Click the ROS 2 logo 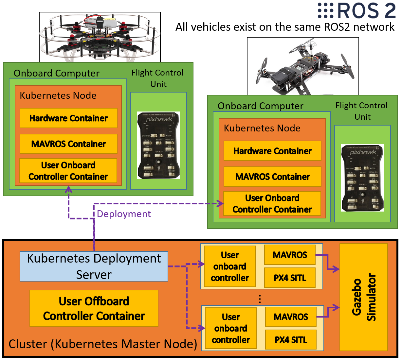click(x=357, y=11)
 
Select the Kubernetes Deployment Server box click(x=94, y=266)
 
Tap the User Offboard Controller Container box click(x=94, y=308)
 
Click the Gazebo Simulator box click(x=364, y=297)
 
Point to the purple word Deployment click(x=124, y=214)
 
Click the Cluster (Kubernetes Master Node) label click(x=102, y=344)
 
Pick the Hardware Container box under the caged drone click(x=68, y=118)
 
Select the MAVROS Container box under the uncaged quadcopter click(x=272, y=177)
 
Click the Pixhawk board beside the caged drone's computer click(x=159, y=145)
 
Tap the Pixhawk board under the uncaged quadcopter click(x=362, y=178)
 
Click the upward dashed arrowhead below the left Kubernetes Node click(x=68, y=189)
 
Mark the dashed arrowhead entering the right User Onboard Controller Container click(x=220, y=203)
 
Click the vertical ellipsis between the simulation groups click(x=260, y=299)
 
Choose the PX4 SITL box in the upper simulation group click(x=290, y=278)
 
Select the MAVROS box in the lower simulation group click(x=291, y=317)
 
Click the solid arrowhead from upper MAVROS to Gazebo click(x=336, y=269)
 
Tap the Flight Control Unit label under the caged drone click(x=158, y=78)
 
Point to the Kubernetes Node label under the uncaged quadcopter click(x=262, y=128)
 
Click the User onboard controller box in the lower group click(x=231, y=328)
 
